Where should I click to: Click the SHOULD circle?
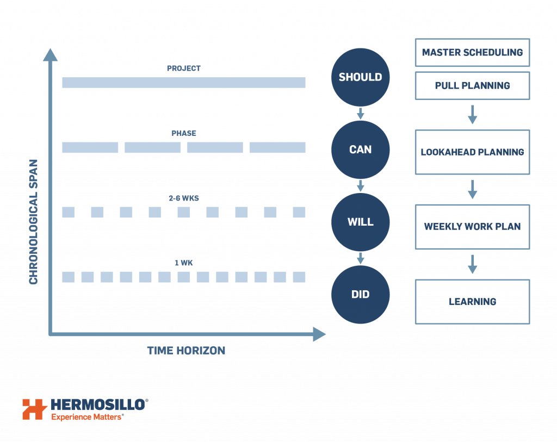click(360, 77)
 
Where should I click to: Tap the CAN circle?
click(360, 150)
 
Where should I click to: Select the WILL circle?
click(360, 222)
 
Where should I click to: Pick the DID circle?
click(360, 295)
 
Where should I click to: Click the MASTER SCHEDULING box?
click(472, 53)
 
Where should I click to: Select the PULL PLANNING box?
click(472, 86)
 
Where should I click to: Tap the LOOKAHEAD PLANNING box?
click(472, 152)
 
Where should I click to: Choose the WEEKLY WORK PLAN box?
click(472, 227)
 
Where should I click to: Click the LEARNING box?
click(472, 302)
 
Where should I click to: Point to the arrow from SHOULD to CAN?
click(360, 114)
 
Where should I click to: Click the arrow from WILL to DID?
click(360, 258)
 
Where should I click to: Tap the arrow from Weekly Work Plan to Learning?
click(472, 264)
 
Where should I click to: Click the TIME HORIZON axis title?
click(186, 351)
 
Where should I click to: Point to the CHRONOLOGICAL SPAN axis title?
click(34, 221)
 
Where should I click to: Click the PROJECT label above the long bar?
click(183, 69)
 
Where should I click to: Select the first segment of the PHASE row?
click(90, 147)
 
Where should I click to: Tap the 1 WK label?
click(183, 263)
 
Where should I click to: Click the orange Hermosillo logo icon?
click(35, 409)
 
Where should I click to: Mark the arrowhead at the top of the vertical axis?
click(50, 55)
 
